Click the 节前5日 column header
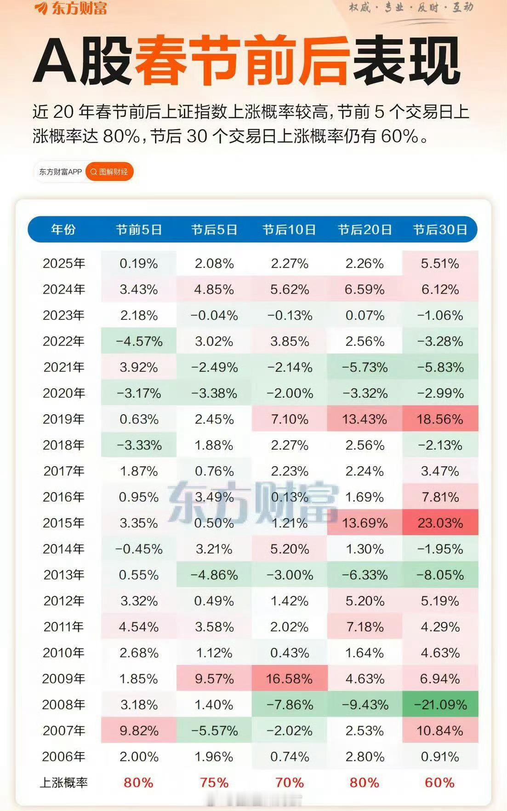138,229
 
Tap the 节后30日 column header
440,229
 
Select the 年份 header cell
63,229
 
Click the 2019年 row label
63,419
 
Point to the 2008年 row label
63,705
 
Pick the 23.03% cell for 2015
440,523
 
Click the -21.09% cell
440,705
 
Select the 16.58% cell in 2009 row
290,678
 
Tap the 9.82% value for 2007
138,730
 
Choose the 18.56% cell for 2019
440,419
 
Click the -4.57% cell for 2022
138,342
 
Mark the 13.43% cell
365,419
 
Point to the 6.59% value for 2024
365,290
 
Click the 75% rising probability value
214,782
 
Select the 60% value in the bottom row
440,782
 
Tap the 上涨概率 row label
63,782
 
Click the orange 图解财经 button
109,172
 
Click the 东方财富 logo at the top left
71,8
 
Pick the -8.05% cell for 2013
440,575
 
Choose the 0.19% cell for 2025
138,264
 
